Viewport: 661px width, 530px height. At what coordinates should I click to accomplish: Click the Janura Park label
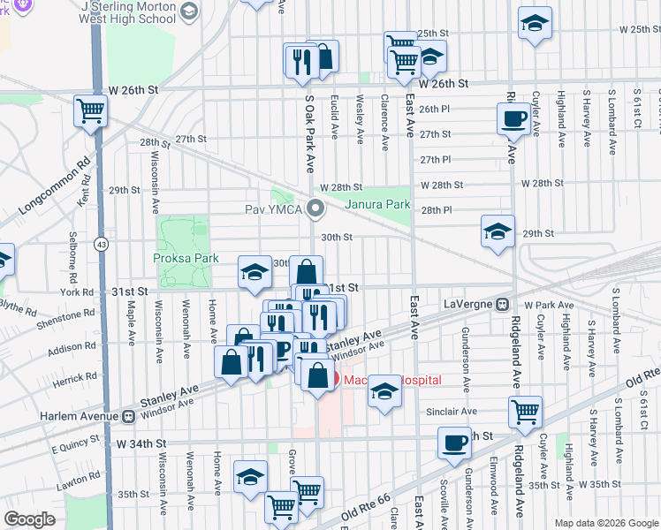pos(377,204)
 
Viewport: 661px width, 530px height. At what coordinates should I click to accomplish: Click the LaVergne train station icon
pos(501,304)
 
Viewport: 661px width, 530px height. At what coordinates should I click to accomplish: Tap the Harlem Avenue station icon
pos(129,416)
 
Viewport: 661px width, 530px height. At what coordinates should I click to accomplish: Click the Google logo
pos(29,519)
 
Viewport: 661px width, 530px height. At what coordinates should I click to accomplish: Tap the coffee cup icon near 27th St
pos(513,118)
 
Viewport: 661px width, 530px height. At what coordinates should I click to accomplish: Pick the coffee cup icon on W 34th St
pos(454,443)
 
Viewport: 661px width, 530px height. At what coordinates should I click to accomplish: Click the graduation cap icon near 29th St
pos(498,232)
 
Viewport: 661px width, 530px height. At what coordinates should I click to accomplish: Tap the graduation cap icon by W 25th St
pos(535,24)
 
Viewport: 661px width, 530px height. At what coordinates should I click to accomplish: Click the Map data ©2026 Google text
pos(605,522)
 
